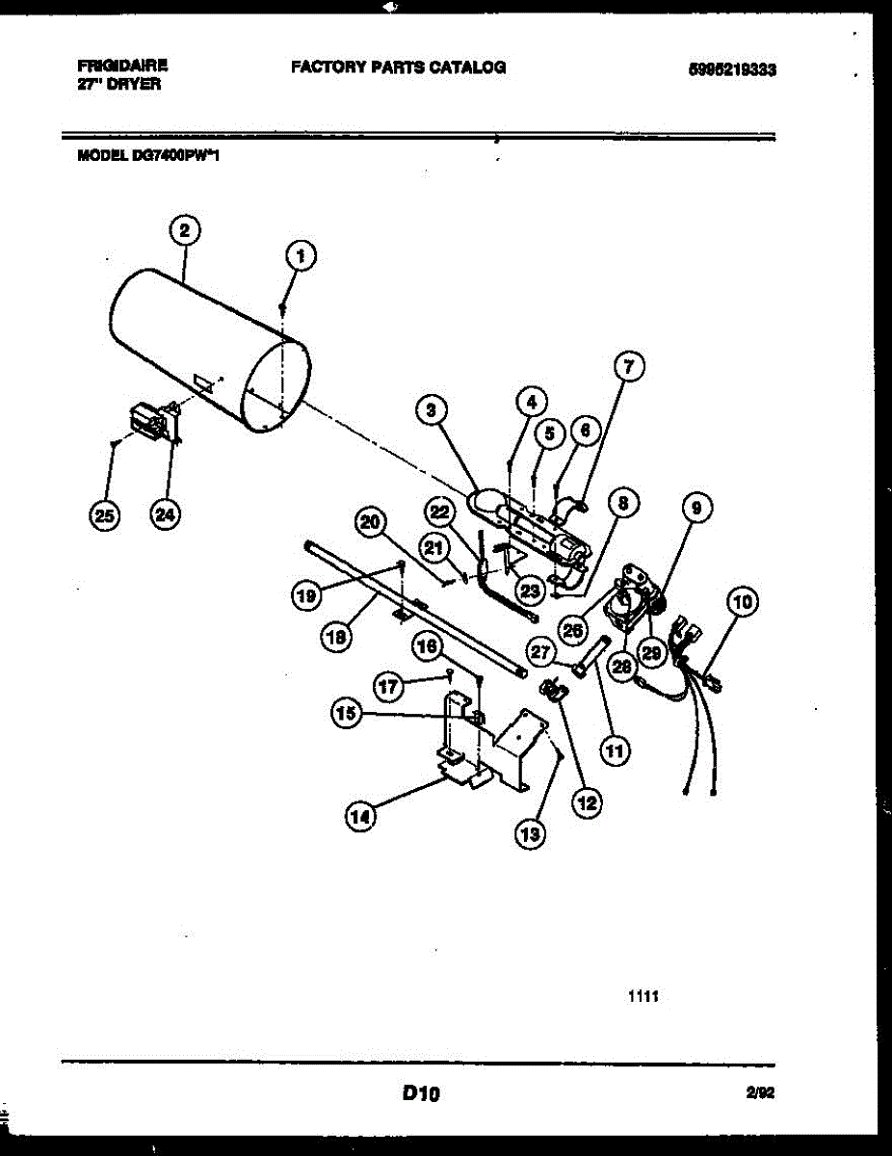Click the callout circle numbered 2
point(184,231)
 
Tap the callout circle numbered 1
point(302,256)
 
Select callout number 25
point(101,515)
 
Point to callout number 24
point(166,515)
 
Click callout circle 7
point(628,367)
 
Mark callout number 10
point(741,604)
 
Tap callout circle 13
point(530,834)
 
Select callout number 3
point(433,410)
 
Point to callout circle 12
point(585,801)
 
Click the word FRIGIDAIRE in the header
point(122,66)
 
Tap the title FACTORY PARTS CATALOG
point(398,67)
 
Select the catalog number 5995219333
point(733,69)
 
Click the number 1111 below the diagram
point(643,999)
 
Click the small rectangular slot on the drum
point(202,384)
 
